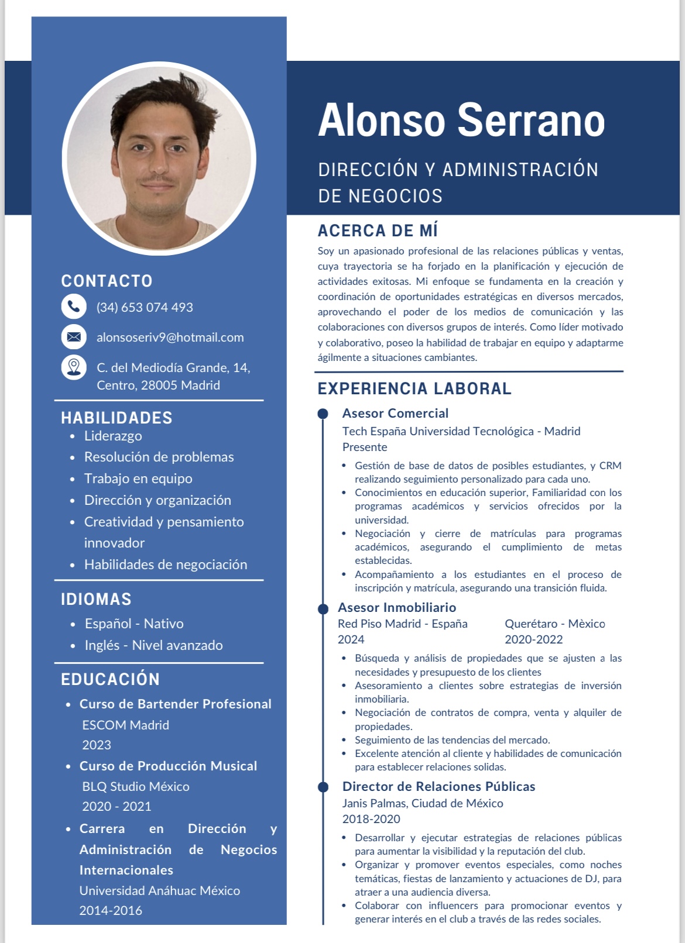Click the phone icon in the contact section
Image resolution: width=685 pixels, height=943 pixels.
pos(74,306)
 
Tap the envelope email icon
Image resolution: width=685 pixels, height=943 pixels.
pos(74,337)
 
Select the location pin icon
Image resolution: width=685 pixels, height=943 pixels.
pos(74,367)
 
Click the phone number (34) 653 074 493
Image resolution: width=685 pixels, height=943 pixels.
pos(145,307)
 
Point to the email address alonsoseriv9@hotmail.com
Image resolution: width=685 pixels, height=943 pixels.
pos(170,338)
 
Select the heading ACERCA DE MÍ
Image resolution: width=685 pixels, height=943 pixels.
pos(378,230)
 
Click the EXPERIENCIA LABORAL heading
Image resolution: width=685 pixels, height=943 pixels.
pos(415,388)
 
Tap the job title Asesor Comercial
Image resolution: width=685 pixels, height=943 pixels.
pos(395,413)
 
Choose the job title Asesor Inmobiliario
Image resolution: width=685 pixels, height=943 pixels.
pos(397,607)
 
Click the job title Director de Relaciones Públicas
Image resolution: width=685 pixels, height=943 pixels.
pos(439,786)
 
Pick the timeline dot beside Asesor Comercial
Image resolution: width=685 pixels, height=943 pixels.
pos(323,414)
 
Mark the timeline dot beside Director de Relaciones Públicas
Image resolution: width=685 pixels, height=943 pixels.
pos(323,787)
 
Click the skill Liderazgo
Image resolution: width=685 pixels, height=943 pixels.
pos(113,436)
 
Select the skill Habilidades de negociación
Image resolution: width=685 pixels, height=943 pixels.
pos(166,565)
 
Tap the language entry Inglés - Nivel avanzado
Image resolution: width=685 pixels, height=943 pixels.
pos(153,645)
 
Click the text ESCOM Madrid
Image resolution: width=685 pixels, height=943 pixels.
pos(125,725)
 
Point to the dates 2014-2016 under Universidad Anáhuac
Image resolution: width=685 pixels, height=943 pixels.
pos(111,910)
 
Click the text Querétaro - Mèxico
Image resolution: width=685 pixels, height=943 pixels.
pos(554,624)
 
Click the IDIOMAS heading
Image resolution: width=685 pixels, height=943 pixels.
pos(96,599)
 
